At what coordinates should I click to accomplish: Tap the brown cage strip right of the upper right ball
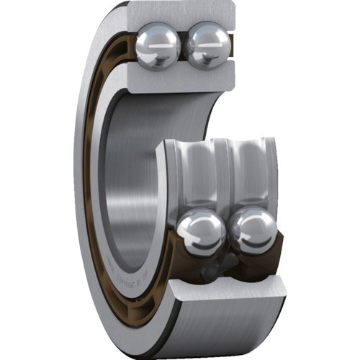click(x=232, y=50)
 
